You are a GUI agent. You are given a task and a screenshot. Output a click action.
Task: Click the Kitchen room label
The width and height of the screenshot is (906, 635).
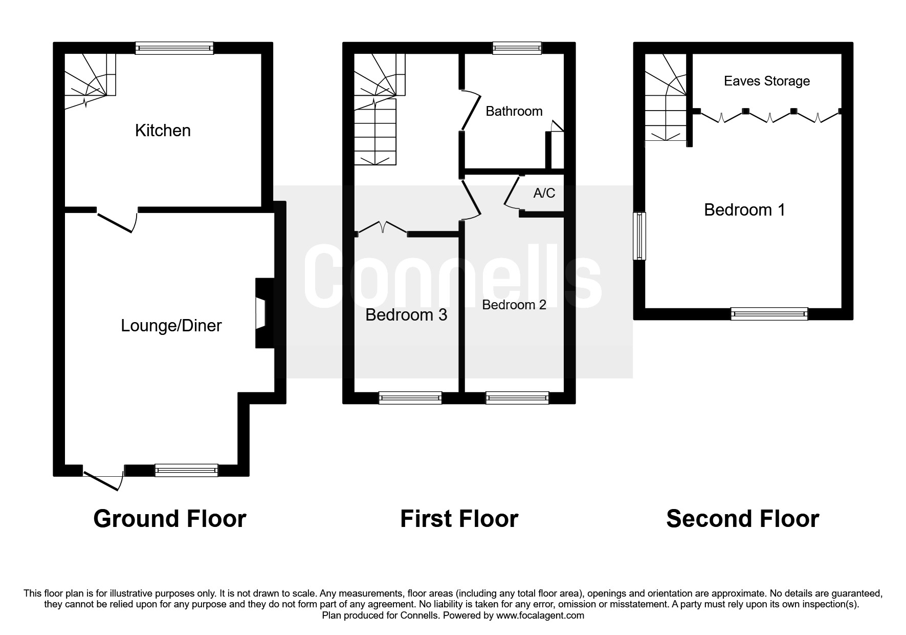pyautogui.click(x=163, y=131)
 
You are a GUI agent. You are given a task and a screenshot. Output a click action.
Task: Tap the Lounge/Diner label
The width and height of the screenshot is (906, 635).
pyautogui.click(x=171, y=326)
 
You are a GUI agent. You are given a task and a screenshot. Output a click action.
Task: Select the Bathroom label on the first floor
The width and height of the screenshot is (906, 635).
pyautogui.click(x=514, y=111)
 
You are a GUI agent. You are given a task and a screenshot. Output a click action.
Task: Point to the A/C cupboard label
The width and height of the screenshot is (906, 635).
pyautogui.click(x=544, y=193)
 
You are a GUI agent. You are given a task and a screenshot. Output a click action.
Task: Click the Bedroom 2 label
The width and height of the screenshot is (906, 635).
pyautogui.click(x=514, y=305)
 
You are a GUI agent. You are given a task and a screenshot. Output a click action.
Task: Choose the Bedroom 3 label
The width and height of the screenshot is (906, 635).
pyautogui.click(x=406, y=314)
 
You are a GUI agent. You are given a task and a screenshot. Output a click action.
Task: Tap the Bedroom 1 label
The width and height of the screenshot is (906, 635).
pyautogui.click(x=744, y=210)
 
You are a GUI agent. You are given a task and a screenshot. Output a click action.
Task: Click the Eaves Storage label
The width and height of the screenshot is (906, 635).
pyautogui.click(x=766, y=81)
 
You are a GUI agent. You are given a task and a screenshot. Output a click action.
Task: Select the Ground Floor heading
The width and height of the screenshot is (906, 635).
pyautogui.click(x=169, y=519)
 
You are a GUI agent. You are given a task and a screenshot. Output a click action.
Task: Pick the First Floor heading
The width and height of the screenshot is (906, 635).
pyautogui.click(x=459, y=519)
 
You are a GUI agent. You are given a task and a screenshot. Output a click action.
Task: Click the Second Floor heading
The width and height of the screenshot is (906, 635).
pyautogui.click(x=742, y=519)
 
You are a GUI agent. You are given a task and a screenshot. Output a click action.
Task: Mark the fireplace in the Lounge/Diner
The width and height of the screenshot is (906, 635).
pyautogui.click(x=263, y=313)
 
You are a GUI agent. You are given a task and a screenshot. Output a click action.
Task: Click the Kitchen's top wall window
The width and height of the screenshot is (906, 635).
pyautogui.click(x=174, y=48)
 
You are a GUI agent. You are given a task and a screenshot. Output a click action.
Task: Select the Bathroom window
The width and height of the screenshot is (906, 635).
pyautogui.click(x=517, y=48)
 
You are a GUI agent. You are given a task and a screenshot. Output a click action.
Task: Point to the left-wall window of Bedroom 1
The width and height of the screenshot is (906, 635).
pyautogui.click(x=639, y=236)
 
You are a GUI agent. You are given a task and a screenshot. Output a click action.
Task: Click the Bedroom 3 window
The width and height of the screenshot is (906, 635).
pyautogui.click(x=410, y=398)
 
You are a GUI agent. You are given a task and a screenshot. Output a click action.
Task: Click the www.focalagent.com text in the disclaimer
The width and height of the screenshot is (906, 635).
pyautogui.click(x=540, y=616)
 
